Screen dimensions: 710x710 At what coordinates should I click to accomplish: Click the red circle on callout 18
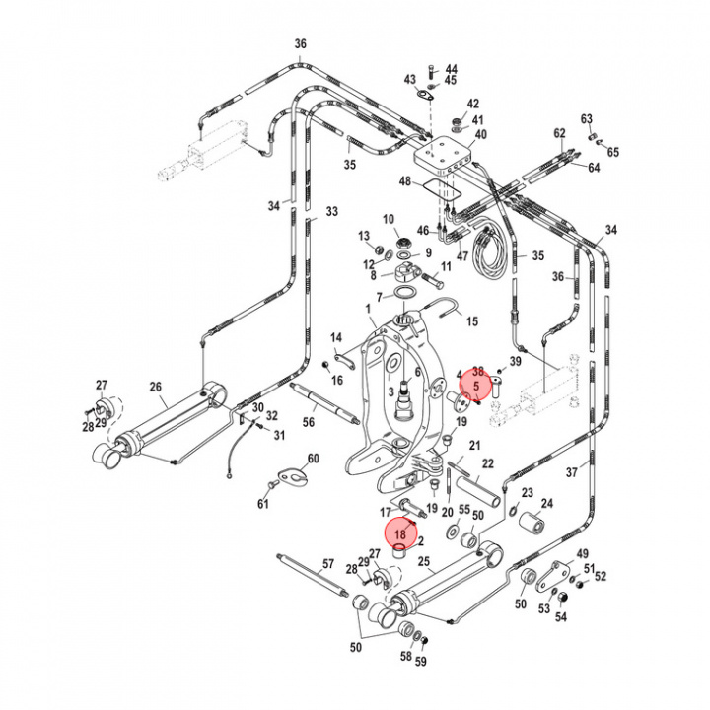point(400,533)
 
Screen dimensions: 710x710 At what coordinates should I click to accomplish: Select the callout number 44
point(452,69)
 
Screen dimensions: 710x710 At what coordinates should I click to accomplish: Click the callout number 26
point(155,386)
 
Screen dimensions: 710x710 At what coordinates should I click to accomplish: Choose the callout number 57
point(329,565)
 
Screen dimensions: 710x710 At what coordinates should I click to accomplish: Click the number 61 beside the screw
point(263,505)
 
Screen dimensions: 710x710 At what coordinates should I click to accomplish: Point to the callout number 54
point(561,617)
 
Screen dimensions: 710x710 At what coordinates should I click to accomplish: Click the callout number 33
point(331,211)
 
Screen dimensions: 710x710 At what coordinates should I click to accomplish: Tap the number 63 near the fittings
point(586,119)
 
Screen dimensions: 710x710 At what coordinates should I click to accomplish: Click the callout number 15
point(471,321)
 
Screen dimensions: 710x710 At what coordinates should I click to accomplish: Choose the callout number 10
point(388,219)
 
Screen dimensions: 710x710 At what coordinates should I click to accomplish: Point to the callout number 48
point(404,181)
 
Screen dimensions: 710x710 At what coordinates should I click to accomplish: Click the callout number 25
point(424,562)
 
